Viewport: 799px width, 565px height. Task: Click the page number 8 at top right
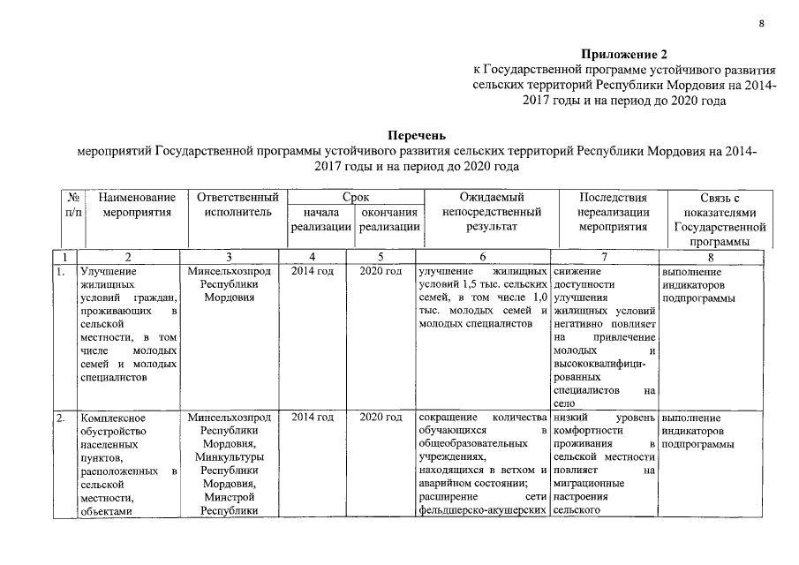pyautogui.click(x=760, y=24)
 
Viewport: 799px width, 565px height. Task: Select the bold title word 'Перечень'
pyautogui.click(x=416, y=136)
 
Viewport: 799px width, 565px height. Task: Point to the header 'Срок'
pyautogui.click(x=356, y=198)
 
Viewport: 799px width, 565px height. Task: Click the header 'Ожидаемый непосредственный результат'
pyautogui.click(x=491, y=212)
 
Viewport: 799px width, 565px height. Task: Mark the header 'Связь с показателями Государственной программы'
pyautogui.click(x=718, y=219)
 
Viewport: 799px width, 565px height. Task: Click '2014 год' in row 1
pyautogui.click(x=313, y=271)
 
